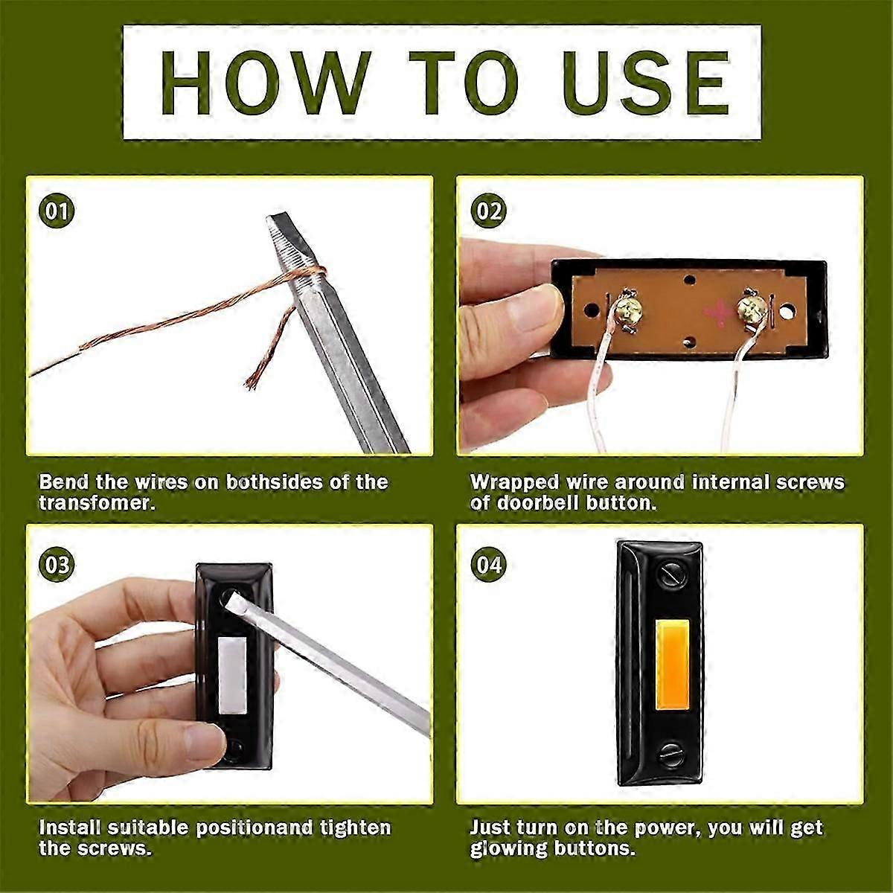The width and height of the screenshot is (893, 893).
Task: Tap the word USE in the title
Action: [x=646, y=83]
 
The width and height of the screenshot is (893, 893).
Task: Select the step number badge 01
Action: [x=57, y=211]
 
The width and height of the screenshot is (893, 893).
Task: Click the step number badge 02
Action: [x=488, y=211]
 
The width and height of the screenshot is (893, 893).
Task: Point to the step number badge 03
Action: [x=57, y=566]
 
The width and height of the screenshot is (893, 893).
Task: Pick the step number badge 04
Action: [x=488, y=566]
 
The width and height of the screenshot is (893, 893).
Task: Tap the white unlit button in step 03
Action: [x=232, y=675]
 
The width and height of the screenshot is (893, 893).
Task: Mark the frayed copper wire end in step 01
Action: [x=252, y=383]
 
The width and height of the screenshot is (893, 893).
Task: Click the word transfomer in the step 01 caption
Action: [x=96, y=504]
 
